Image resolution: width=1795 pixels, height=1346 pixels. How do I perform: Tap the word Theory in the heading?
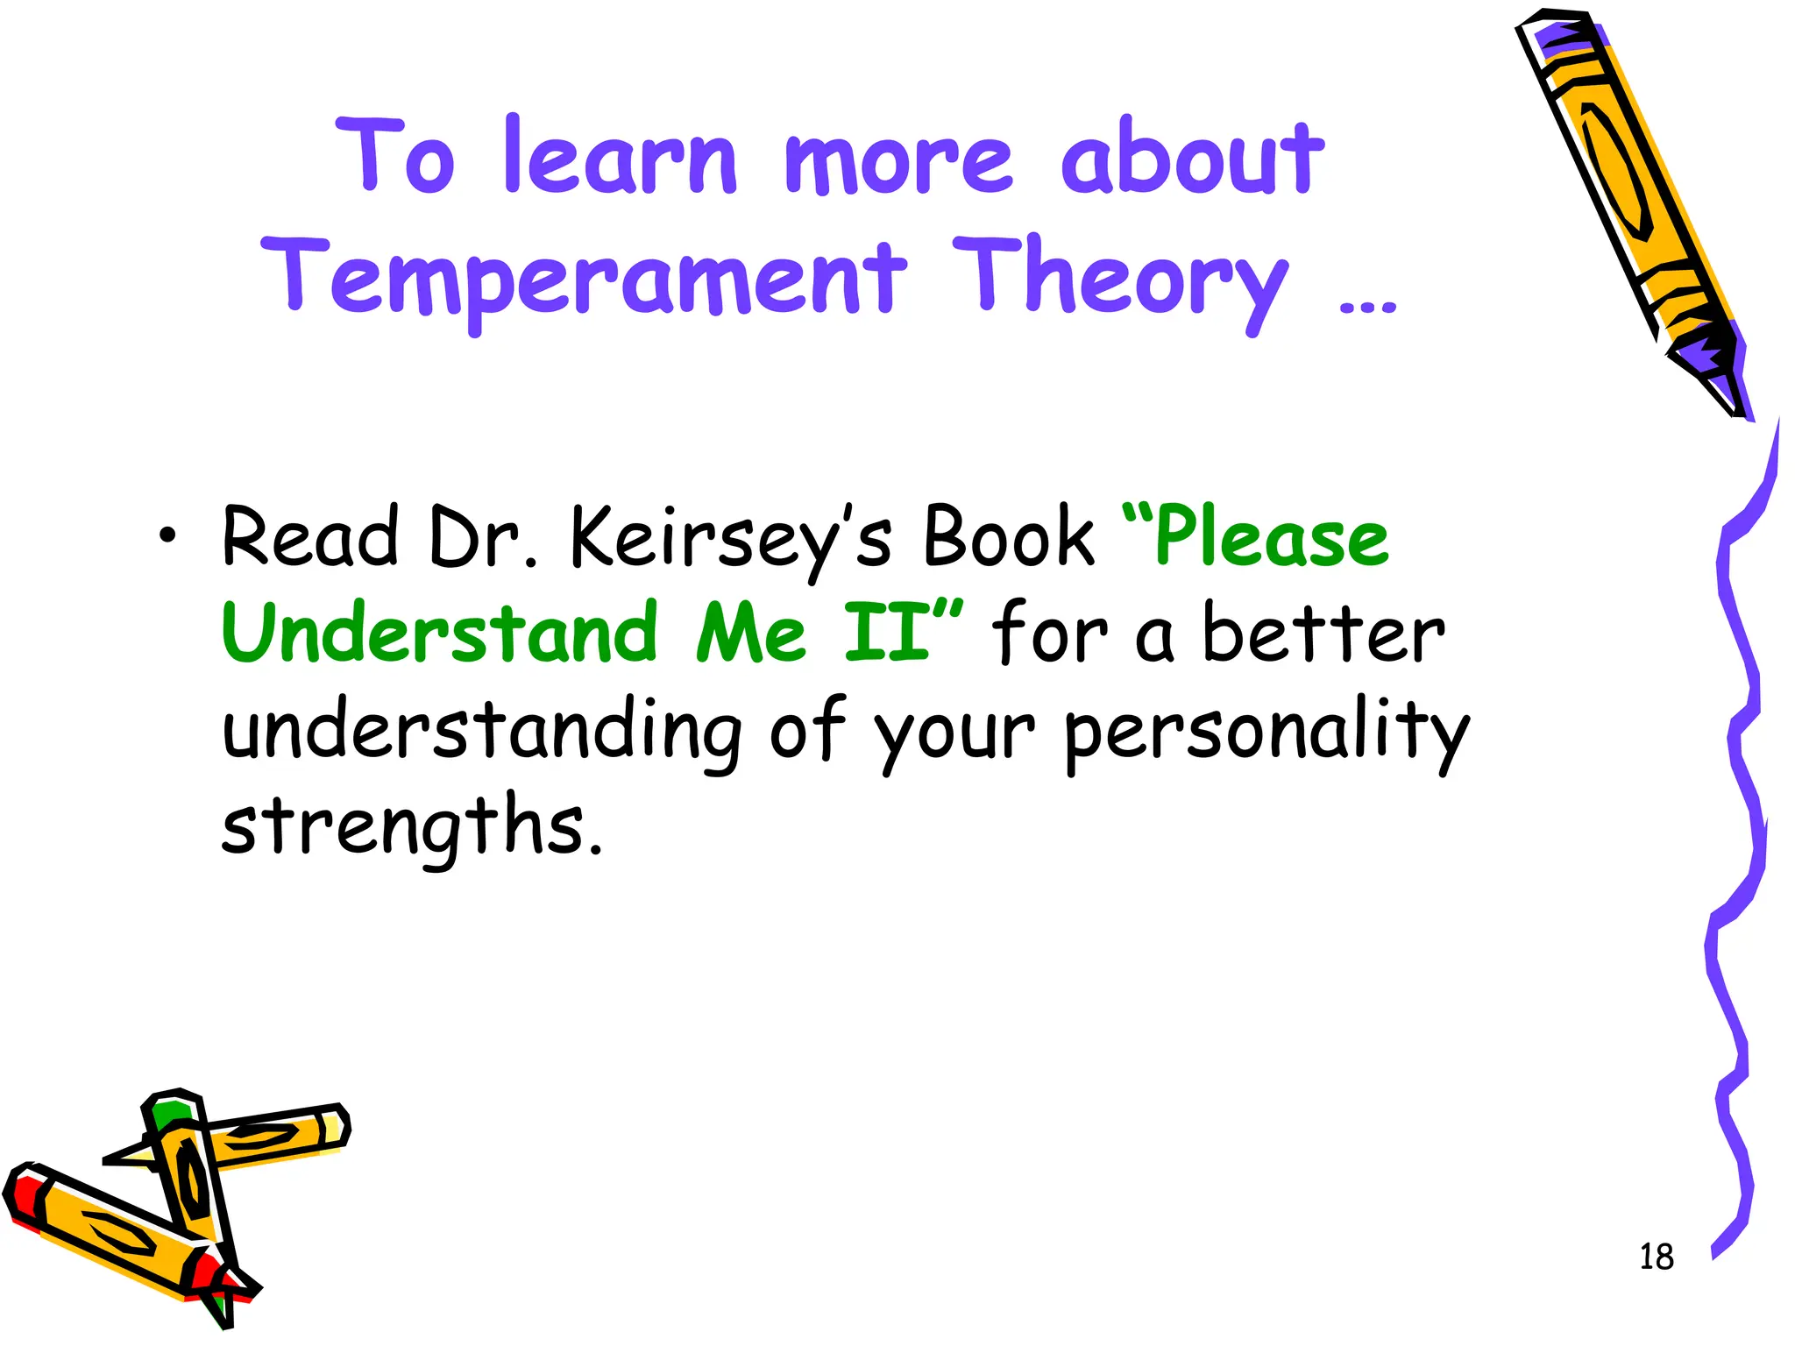(x=1119, y=279)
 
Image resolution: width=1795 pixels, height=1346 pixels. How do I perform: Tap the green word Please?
(x=1271, y=537)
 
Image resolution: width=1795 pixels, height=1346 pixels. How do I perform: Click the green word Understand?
(x=439, y=633)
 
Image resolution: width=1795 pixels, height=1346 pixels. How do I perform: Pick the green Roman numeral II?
(x=886, y=633)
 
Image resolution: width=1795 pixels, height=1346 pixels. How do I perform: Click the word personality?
(x=1266, y=732)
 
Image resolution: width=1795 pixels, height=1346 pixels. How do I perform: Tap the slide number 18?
(x=1656, y=1257)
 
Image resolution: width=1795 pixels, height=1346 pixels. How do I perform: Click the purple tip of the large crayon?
(x=1718, y=386)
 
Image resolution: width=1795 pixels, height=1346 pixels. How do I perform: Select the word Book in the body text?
(x=1009, y=537)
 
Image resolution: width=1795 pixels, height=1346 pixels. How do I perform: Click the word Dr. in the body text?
(x=483, y=537)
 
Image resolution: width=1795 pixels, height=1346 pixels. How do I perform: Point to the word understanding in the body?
(x=482, y=732)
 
